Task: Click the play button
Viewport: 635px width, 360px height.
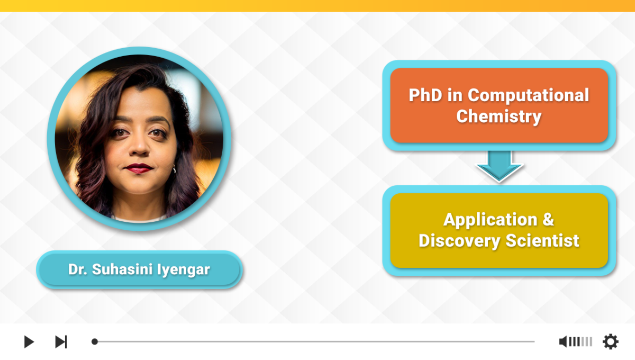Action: [x=29, y=342]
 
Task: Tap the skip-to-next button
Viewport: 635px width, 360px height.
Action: [x=61, y=342]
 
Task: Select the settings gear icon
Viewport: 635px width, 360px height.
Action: [x=611, y=341]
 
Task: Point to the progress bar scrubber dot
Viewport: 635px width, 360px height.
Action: [x=95, y=341]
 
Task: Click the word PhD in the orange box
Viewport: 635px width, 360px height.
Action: [x=425, y=95]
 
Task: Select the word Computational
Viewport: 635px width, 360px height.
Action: [x=529, y=96]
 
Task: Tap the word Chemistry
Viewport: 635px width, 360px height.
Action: [x=499, y=116]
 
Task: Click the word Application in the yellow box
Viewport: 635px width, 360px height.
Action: [x=491, y=220]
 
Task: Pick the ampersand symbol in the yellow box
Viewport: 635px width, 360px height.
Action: [x=548, y=219]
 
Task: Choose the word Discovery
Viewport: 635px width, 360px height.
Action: [x=459, y=241]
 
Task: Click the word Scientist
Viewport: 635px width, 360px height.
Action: [x=542, y=240]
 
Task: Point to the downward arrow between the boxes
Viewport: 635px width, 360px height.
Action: [x=500, y=166]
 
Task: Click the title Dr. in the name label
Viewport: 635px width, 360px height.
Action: [x=77, y=269]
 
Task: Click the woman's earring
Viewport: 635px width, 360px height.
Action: [x=174, y=169]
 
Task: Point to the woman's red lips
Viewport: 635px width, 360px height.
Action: [x=139, y=168]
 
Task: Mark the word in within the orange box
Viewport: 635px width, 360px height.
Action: [x=455, y=95]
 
